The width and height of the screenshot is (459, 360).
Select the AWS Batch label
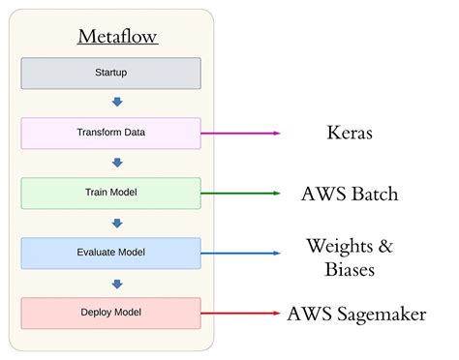[x=350, y=194]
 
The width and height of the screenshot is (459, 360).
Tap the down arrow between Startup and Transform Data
[x=117, y=103]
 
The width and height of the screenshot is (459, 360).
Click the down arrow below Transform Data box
[x=117, y=163]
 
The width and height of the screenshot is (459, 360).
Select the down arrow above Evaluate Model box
[x=117, y=223]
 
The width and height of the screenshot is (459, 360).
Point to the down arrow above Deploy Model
[x=117, y=283]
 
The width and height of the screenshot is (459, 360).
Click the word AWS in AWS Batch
[x=321, y=194]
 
